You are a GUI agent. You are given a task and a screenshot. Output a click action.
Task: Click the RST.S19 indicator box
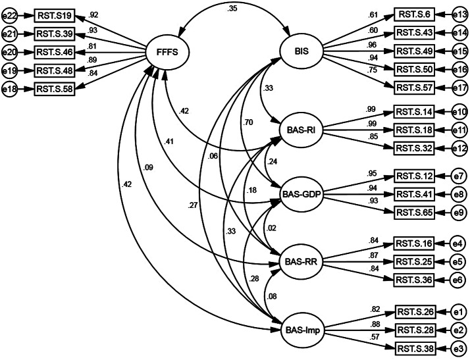coord(54,13)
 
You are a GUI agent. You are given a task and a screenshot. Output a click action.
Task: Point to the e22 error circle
coord(10,13)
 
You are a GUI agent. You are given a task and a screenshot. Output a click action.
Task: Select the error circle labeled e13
coord(460,13)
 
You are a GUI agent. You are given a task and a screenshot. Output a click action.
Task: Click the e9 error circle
coord(460,213)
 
